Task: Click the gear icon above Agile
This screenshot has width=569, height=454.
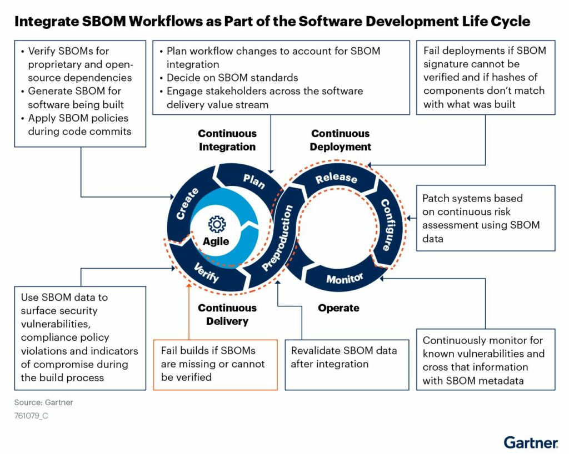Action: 217,224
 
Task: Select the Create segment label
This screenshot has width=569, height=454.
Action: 187,204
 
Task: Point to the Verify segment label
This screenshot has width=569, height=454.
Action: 206,273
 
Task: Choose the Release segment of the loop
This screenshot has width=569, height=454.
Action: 336,178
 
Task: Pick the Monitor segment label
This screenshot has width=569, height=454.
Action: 345,278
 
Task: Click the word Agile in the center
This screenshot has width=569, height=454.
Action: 216,241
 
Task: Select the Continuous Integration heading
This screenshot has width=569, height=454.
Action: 227,140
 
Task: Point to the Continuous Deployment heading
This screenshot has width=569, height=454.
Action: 341,140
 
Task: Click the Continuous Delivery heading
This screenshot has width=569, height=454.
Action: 227,315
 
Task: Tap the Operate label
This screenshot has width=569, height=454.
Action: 338,308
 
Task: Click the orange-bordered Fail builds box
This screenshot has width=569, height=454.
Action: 215,364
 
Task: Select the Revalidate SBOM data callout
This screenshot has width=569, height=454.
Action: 344,357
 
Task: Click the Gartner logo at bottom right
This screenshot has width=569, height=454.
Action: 531,442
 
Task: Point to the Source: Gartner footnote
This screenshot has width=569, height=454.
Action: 43,402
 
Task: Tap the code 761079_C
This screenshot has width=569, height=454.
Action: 31,415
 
